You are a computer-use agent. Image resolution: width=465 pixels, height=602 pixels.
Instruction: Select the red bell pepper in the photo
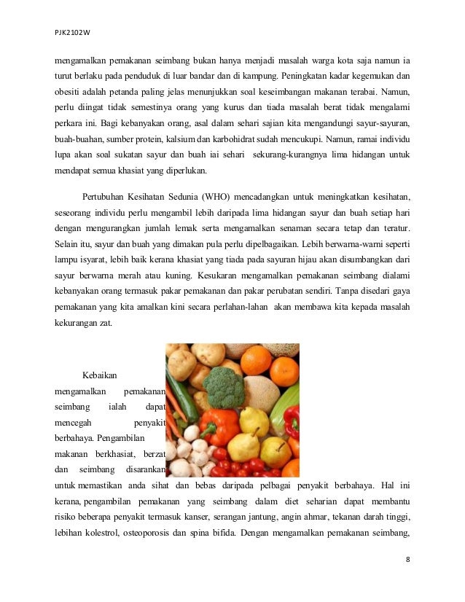[292, 421]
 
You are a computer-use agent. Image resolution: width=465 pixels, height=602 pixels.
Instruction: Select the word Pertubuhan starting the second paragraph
[107, 198]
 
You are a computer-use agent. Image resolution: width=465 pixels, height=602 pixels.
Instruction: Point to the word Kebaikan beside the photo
[99, 375]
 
